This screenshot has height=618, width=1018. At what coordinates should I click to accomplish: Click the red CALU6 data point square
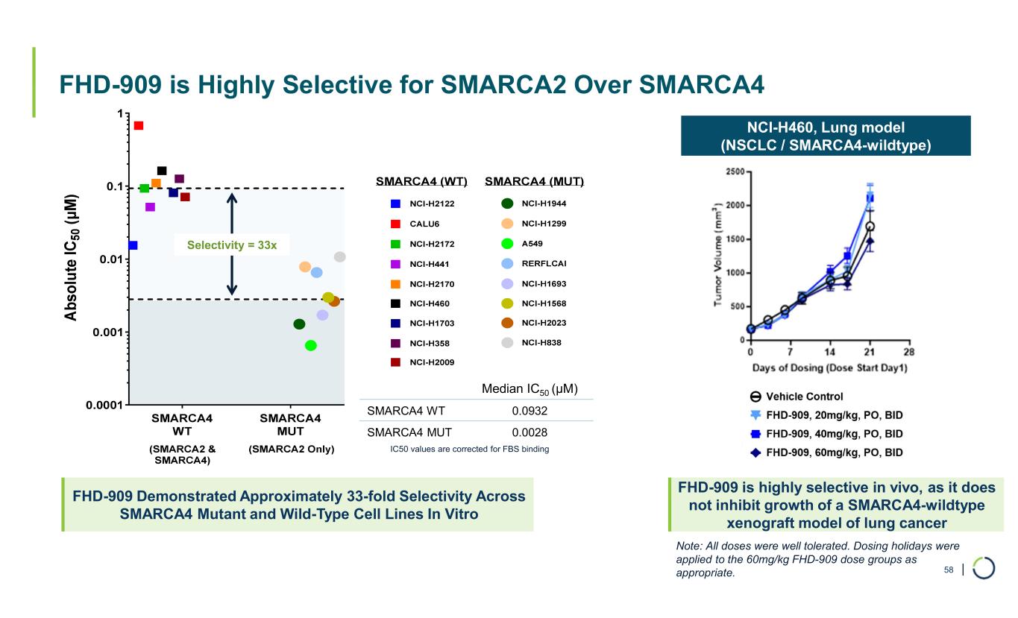139,125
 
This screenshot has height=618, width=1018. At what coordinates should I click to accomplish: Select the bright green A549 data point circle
311,345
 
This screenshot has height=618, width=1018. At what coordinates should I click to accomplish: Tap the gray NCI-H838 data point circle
340,257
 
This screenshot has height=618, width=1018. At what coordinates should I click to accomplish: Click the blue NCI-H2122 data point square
133,245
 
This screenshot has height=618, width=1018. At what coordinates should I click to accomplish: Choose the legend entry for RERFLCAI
538,263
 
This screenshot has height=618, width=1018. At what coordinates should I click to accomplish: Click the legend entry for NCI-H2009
427,362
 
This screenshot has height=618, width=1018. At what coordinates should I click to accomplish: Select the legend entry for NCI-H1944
538,204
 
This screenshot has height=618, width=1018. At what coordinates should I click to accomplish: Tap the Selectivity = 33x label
231,244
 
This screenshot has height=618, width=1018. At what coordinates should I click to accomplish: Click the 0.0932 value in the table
530,411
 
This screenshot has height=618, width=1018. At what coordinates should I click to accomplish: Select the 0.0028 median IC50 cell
530,432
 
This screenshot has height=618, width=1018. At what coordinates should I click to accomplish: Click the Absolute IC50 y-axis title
71,258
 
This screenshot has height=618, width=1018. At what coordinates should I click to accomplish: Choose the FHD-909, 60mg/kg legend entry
828,453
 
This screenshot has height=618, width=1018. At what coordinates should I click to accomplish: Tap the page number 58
949,570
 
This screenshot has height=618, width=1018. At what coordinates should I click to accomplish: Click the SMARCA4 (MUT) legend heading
534,182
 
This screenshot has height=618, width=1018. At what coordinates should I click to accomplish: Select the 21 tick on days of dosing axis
870,353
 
